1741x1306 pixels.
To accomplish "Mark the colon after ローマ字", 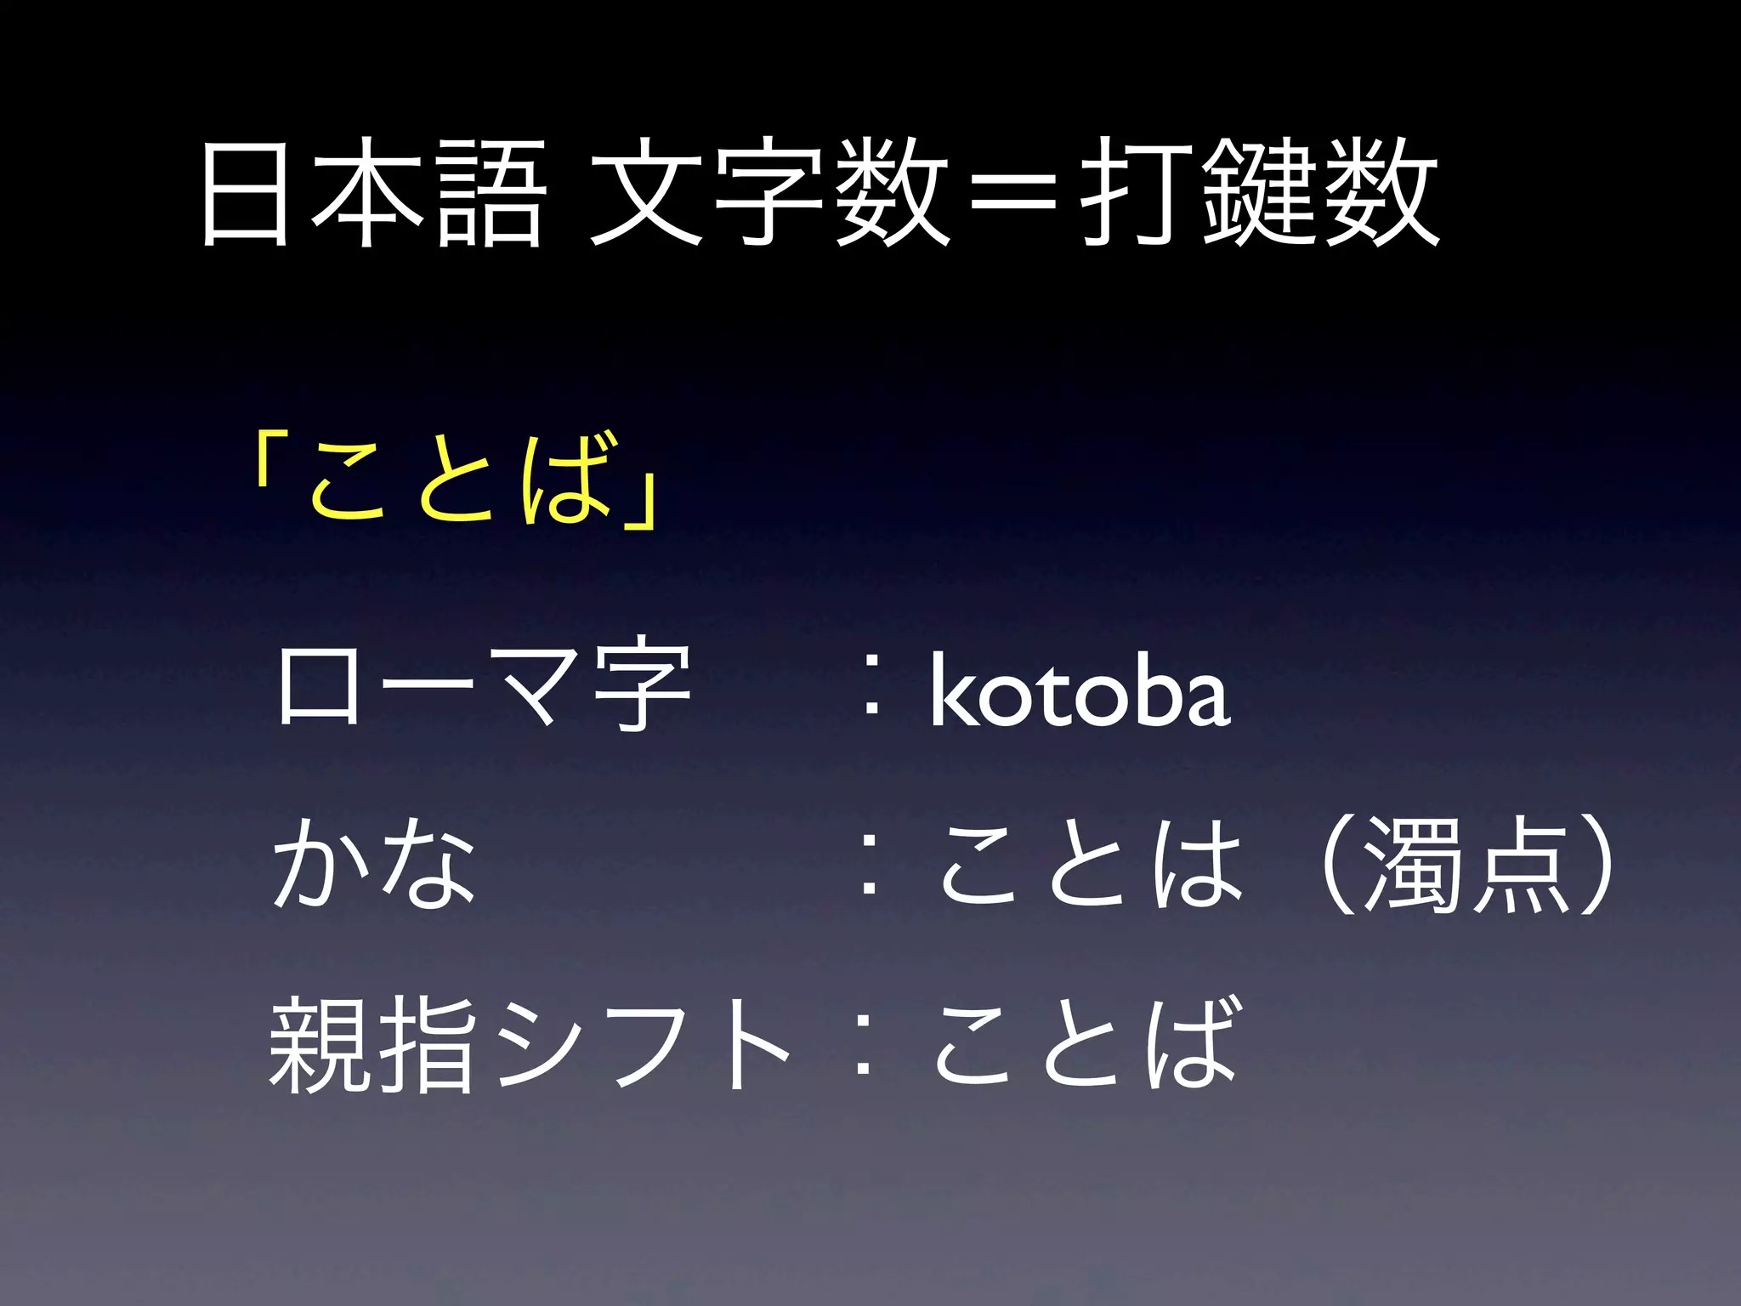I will click(870, 697).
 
